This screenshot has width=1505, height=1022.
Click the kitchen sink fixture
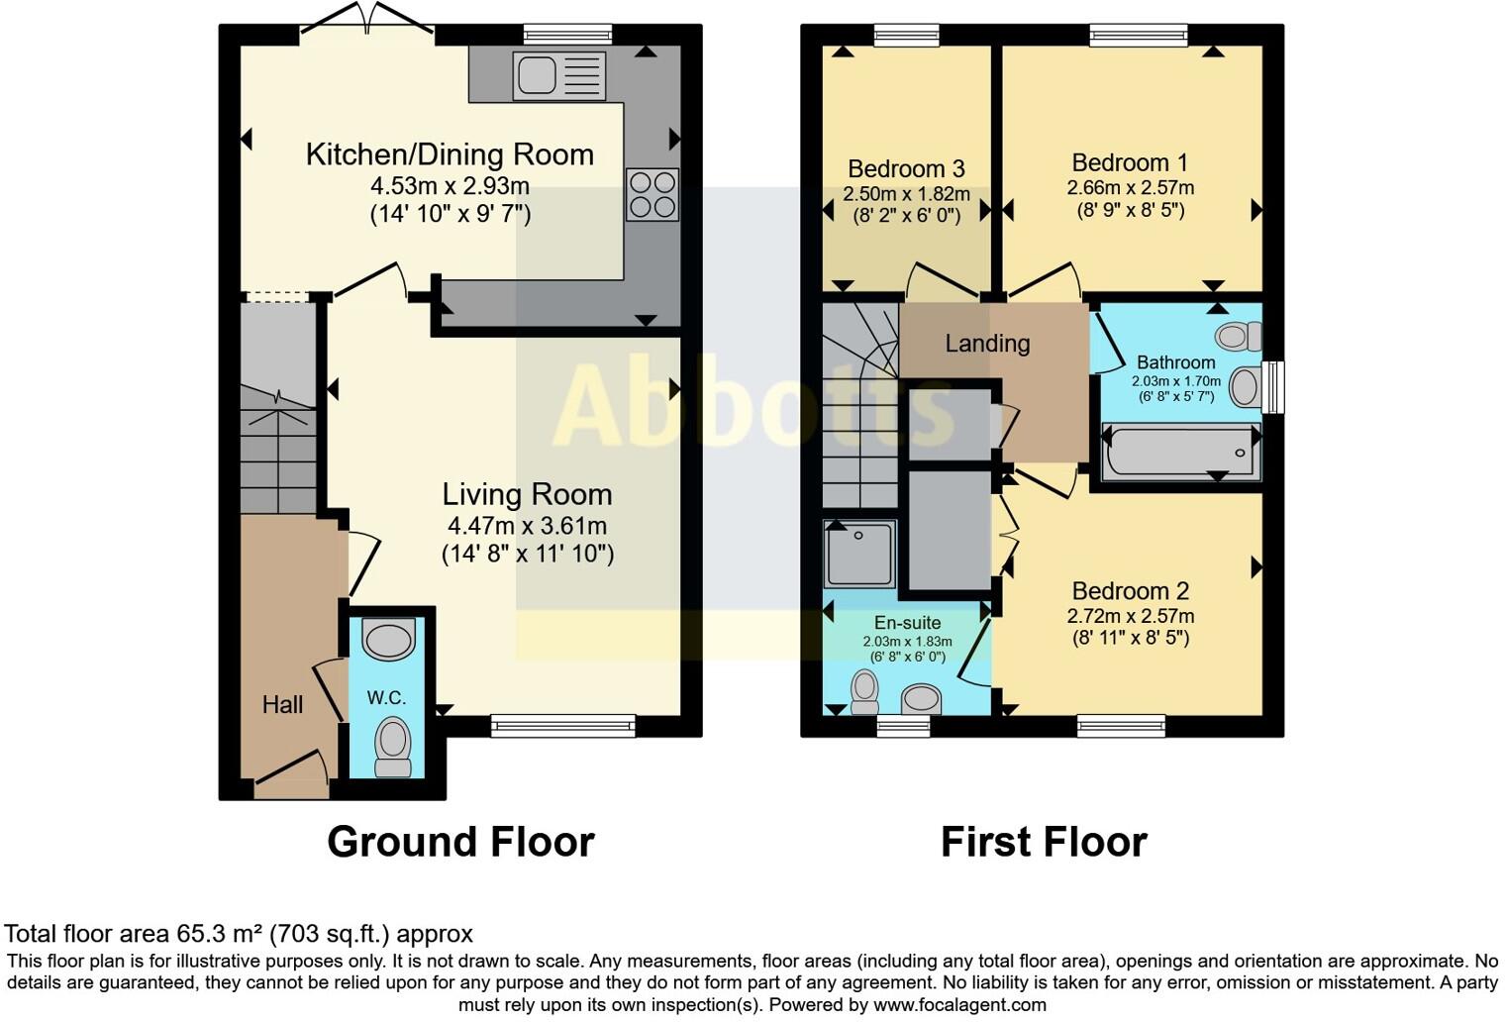click(x=558, y=76)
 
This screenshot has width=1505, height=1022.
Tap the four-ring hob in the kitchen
click(x=652, y=194)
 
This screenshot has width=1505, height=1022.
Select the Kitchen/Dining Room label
click(x=450, y=154)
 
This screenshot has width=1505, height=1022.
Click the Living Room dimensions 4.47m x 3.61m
click(x=527, y=526)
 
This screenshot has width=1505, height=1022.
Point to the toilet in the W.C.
click(x=393, y=746)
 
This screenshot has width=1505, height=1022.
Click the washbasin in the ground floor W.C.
click(x=388, y=640)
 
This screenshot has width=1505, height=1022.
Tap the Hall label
click(x=282, y=705)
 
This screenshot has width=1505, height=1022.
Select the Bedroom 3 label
click(x=906, y=168)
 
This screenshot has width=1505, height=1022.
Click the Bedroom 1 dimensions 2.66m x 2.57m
click(x=1130, y=187)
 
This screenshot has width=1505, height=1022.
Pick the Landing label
click(x=987, y=344)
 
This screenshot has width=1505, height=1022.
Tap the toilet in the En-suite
click(x=864, y=691)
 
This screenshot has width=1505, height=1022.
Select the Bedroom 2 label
click(x=1130, y=591)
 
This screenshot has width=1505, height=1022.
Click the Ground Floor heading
click(x=460, y=842)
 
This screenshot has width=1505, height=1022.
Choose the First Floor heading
click(x=1043, y=842)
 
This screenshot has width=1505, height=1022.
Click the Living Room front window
click(x=563, y=727)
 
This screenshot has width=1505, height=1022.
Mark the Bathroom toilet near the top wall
click(x=1239, y=337)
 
